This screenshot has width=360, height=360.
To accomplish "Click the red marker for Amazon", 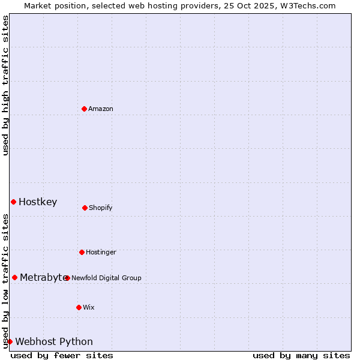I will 84,109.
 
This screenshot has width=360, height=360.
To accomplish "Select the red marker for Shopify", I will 85,208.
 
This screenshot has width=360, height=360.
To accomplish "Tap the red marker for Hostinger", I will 82,252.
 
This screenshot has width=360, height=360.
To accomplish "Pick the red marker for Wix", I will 79,307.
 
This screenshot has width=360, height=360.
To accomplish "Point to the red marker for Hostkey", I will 13,202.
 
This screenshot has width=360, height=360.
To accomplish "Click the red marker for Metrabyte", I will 14,277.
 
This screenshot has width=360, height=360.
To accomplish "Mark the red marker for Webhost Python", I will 10,341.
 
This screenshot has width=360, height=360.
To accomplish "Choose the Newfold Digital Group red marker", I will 67,278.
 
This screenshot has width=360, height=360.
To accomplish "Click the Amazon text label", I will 101,109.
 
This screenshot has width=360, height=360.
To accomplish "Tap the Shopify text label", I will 101,208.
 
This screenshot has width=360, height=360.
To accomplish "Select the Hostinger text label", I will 101,253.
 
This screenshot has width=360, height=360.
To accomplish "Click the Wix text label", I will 89,308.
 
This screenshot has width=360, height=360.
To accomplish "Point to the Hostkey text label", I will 38,202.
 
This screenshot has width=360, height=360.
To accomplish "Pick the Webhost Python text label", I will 54,342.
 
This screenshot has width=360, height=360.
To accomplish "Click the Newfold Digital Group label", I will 106,278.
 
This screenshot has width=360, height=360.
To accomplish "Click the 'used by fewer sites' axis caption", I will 62,355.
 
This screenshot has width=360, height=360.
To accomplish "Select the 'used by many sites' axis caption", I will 301,355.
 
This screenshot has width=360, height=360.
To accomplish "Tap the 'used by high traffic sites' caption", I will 6,85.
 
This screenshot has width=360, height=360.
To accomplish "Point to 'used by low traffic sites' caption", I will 6,281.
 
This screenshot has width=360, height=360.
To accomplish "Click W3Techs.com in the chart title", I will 306,5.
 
